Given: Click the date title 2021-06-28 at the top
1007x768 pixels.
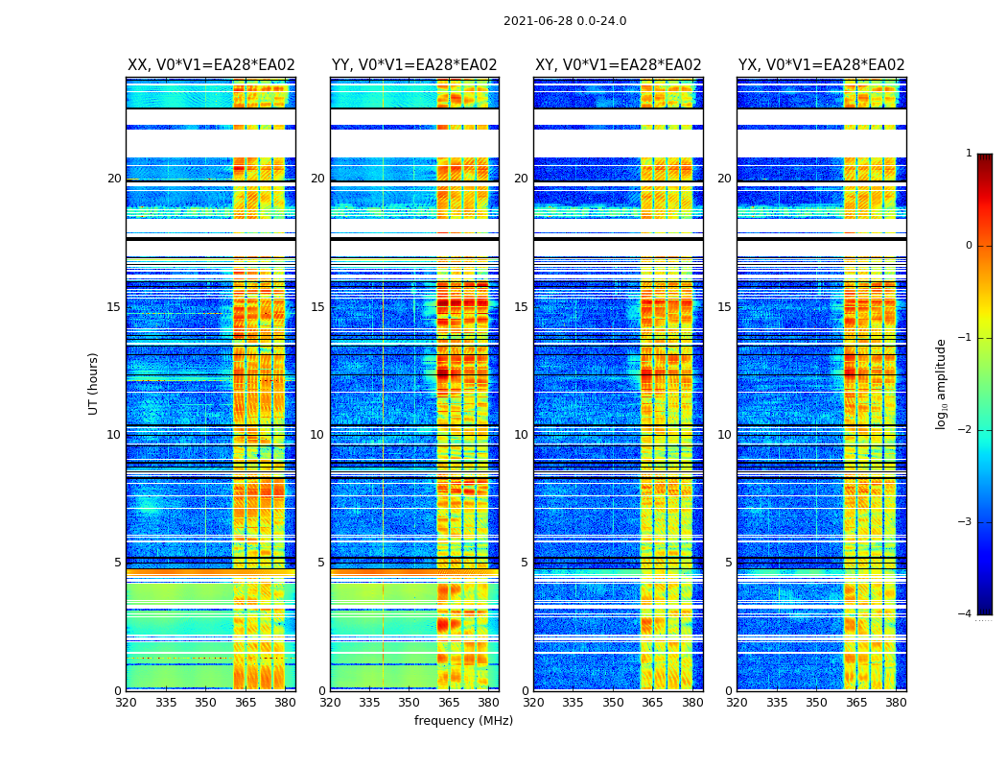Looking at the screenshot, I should [x=565, y=21].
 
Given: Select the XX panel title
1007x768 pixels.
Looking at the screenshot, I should [x=211, y=65].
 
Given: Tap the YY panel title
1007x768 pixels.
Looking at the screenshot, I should [x=414, y=65].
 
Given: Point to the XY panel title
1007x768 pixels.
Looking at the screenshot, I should [x=619, y=65].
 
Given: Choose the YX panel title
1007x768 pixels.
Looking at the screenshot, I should [x=822, y=65].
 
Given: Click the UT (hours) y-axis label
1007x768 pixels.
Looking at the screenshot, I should [x=94, y=383].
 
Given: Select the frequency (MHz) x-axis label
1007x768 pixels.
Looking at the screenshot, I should [x=463, y=721].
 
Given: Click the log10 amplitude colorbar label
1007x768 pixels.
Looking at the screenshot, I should [x=942, y=383].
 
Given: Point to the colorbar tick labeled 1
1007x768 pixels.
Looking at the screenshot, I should [x=969, y=154].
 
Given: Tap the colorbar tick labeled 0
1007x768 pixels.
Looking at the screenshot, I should [x=969, y=246].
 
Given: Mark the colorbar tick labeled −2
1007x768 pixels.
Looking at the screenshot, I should [x=967, y=430].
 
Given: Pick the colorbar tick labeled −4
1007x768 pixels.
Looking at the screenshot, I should [x=967, y=614].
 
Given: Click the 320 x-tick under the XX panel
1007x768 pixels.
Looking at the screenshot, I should [x=126, y=703].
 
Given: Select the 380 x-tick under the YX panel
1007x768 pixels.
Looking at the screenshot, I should [x=896, y=703].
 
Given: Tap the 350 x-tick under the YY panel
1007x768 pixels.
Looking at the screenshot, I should [x=410, y=703].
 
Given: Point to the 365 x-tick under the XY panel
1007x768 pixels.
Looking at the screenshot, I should [x=652, y=703].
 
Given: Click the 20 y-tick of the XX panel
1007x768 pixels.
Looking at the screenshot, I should [x=115, y=179].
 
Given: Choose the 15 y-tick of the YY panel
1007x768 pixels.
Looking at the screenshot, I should [x=318, y=307].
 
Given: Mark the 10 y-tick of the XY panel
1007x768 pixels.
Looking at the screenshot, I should [x=522, y=435].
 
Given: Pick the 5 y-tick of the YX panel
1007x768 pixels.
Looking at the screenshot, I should [x=729, y=563].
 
